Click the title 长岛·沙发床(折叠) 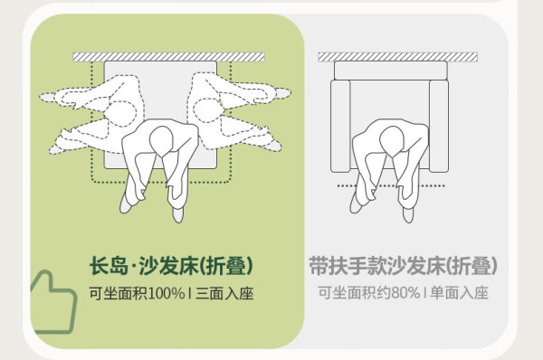pos(171,266)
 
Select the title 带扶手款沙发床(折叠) pos(403,266)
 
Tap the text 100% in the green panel pos(166,294)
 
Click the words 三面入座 pos(224,294)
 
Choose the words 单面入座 pos(459,293)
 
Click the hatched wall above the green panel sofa pos(168,57)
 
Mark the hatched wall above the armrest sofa pos(398,57)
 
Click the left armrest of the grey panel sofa pos(339,126)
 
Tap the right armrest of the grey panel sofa pos(439,126)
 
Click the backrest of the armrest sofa pos(391,71)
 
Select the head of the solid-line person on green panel pos(161,141)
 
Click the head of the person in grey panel pos(391,141)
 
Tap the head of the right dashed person pos(207,110)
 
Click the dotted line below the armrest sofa pos(391,186)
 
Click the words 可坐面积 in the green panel pos(118,294)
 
